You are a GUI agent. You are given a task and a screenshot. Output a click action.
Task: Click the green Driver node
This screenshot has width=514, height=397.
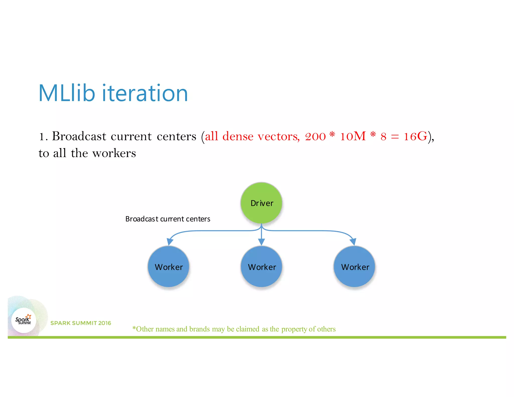click(x=261, y=203)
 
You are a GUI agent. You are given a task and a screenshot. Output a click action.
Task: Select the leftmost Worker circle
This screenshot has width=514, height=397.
click(x=168, y=267)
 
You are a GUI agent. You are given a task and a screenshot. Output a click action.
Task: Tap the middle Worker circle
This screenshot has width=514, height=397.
click(x=262, y=267)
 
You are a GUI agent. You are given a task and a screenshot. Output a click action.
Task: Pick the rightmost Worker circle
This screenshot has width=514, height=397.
click(x=354, y=267)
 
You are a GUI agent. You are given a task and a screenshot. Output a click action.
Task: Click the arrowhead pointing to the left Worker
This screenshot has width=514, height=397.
click(x=170, y=242)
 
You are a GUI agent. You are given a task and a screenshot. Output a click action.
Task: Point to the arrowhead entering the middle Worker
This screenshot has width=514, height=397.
click(x=262, y=242)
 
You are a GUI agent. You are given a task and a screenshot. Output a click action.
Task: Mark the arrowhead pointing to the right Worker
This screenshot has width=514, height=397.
click(x=353, y=242)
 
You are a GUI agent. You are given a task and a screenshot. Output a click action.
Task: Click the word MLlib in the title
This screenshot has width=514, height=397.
click(x=67, y=93)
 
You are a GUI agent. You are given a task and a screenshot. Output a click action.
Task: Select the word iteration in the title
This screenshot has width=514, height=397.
click(x=145, y=93)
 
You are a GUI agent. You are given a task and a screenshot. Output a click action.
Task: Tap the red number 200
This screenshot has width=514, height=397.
click(x=315, y=137)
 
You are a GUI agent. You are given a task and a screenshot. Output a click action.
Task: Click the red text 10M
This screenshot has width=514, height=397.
click(x=353, y=137)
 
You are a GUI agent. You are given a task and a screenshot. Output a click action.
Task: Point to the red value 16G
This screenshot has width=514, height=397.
click(x=415, y=137)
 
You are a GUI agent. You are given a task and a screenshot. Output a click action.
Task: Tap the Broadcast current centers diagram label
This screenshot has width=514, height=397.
click(x=168, y=219)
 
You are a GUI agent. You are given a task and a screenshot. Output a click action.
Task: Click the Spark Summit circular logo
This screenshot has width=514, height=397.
click(x=24, y=320)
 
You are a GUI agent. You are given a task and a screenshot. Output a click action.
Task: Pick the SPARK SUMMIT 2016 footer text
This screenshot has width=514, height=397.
click(x=81, y=323)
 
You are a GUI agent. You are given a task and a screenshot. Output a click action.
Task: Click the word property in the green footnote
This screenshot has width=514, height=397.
click(x=294, y=329)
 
